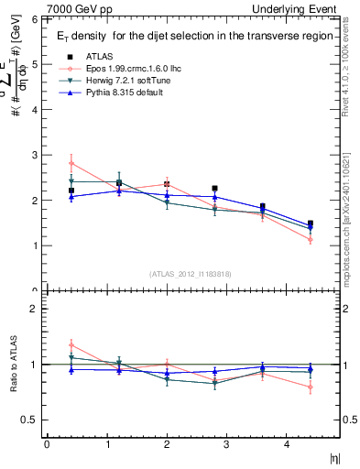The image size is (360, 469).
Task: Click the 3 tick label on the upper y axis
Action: [34, 155]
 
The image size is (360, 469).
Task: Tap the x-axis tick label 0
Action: [46, 445]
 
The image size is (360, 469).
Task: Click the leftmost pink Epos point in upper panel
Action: [71, 163]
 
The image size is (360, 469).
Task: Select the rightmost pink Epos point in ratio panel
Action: [311, 387]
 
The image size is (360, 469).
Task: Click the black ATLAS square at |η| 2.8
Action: [214, 188]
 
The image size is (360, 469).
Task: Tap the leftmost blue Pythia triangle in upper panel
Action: [71, 196]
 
